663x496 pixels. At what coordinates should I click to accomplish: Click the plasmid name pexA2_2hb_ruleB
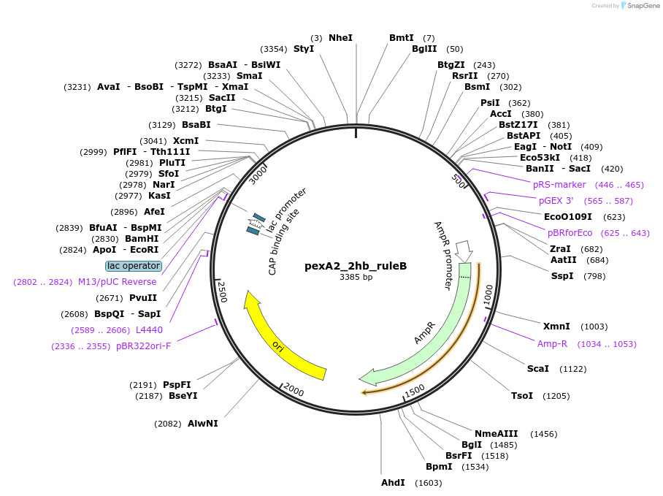pyautogui.click(x=356, y=266)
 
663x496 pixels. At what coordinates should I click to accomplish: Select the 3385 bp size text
pyautogui.click(x=356, y=278)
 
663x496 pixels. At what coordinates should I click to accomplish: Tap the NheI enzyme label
pyautogui.click(x=340, y=37)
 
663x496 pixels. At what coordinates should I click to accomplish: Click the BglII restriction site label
pyautogui.click(x=424, y=49)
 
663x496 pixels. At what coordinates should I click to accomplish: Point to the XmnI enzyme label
pyautogui.click(x=556, y=326)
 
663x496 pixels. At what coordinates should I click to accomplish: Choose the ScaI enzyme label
pyautogui.click(x=538, y=368)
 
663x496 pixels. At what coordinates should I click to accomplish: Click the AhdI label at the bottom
pyautogui.click(x=393, y=483)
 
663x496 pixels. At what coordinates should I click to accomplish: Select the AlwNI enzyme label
pyautogui.click(x=202, y=423)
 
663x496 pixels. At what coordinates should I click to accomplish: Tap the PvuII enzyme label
pyautogui.click(x=143, y=297)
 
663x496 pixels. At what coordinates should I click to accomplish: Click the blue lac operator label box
pyautogui.click(x=133, y=266)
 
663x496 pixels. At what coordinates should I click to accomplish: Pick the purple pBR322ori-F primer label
pyautogui.click(x=144, y=346)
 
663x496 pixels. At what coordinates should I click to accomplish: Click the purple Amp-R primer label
pyautogui.click(x=553, y=343)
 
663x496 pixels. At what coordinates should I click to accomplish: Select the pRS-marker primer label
pyautogui.click(x=559, y=185)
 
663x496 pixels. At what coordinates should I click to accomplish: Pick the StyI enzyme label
pyautogui.click(x=304, y=49)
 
